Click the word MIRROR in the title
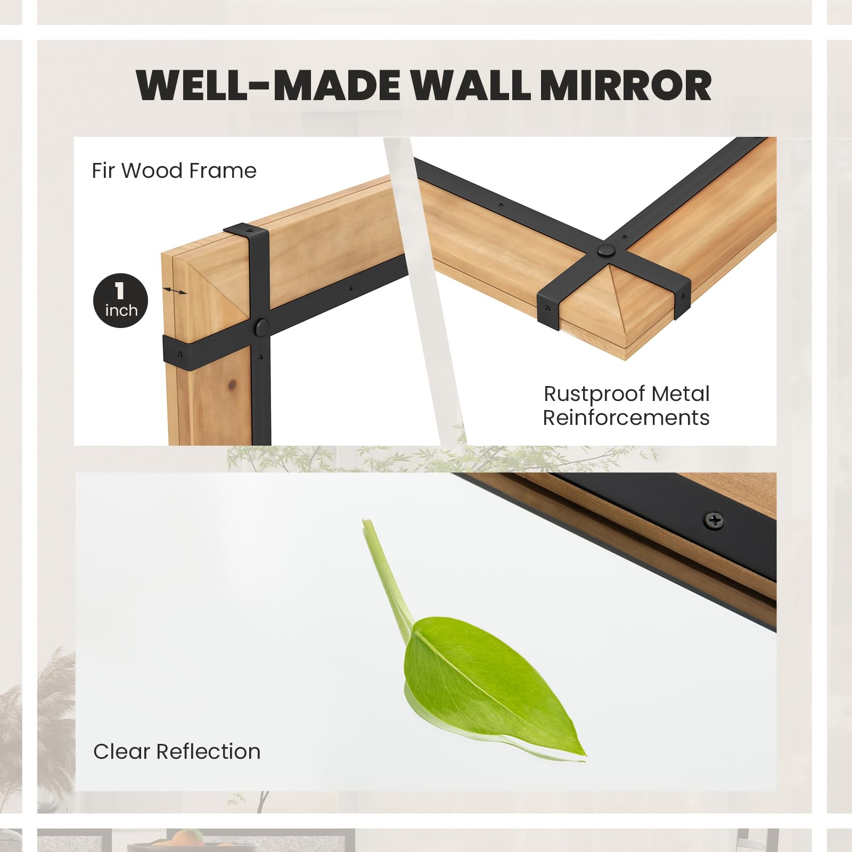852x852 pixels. [628, 85]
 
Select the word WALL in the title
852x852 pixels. [471, 85]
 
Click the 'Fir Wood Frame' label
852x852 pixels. [174, 171]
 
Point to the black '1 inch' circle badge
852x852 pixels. [120, 301]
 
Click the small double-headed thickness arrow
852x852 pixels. [175, 291]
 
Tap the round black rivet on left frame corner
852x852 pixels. [262, 327]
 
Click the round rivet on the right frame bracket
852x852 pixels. [605, 250]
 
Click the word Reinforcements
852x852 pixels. [626, 418]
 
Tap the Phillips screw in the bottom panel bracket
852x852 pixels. [713, 520]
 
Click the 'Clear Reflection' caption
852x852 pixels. [177, 751]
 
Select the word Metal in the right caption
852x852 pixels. [680, 395]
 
